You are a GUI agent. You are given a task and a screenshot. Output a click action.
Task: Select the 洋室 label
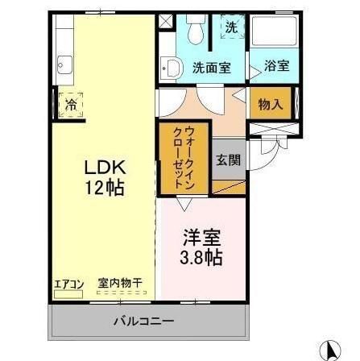coord(199,239)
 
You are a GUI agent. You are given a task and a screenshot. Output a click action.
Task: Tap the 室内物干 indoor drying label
coord(121,283)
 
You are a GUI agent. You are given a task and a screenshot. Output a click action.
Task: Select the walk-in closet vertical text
coord(183,160)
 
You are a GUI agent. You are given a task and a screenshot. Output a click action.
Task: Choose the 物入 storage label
coord(270,103)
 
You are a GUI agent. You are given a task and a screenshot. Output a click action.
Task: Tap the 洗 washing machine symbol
coord(231,27)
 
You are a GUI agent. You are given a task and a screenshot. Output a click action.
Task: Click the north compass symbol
coord(329,349)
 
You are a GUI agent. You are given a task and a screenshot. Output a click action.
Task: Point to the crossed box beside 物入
coord(271,130)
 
